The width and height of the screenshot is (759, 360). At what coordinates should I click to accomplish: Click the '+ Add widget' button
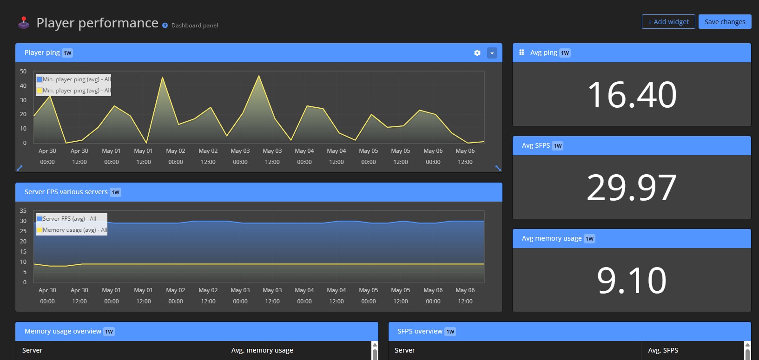668,22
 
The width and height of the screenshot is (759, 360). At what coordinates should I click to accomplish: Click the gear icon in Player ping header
477,53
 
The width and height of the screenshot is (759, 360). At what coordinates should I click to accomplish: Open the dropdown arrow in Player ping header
492,53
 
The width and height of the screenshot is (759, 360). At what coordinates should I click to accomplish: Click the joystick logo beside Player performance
24,23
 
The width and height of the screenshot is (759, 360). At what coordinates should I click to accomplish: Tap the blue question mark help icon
165,26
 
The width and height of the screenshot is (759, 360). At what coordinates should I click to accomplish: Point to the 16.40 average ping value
632,95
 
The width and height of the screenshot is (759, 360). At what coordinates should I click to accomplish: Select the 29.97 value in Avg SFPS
632,188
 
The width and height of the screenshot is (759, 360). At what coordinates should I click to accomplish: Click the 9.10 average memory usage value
632,281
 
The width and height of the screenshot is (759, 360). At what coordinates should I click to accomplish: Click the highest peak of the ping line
258,76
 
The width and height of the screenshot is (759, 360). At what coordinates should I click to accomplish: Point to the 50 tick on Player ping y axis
23,72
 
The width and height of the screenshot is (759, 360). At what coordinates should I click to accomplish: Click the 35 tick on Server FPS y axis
23,211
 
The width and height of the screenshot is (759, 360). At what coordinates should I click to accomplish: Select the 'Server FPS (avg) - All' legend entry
69,219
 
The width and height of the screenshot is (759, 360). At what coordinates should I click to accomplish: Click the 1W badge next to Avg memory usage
589,239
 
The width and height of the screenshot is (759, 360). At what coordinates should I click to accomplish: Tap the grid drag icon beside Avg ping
521,52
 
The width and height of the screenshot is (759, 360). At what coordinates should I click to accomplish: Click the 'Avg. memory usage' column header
262,350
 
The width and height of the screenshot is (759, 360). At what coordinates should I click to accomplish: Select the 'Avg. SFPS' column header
663,350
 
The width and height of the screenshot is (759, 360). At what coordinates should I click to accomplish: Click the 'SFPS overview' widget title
420,331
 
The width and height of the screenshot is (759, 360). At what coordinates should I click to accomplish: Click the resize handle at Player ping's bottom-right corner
498,168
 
